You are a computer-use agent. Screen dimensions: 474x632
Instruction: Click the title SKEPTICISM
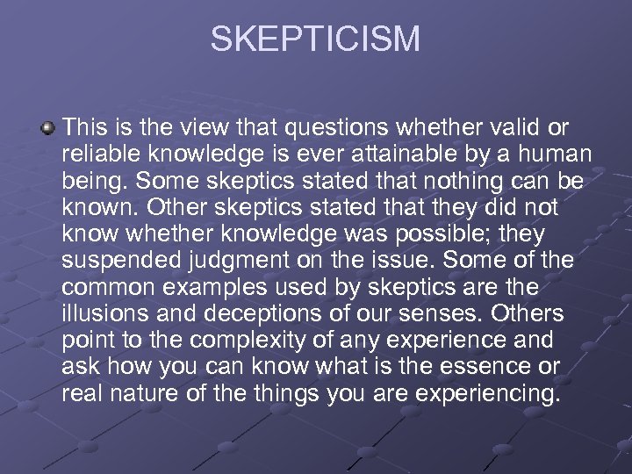point(315,39)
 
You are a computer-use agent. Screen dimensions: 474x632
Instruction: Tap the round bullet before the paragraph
point(47,128)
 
